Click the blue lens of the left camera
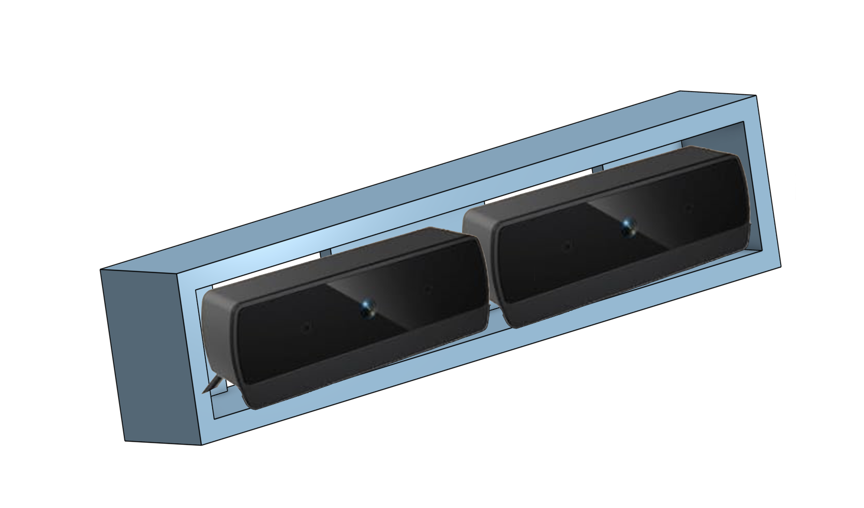pos(368,309)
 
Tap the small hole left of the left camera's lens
pos(307,327)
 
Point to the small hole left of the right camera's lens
pos(568,246)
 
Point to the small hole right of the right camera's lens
pos(689,208)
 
